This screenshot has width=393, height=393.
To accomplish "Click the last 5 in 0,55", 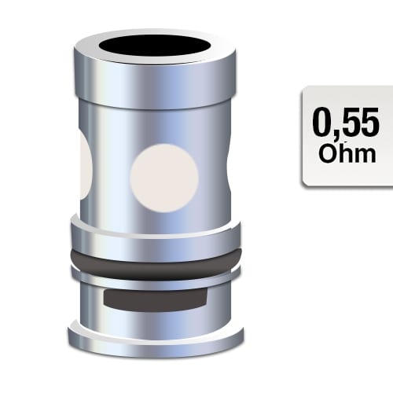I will [370, 123].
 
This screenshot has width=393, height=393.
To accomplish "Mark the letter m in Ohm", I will [364, 156].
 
